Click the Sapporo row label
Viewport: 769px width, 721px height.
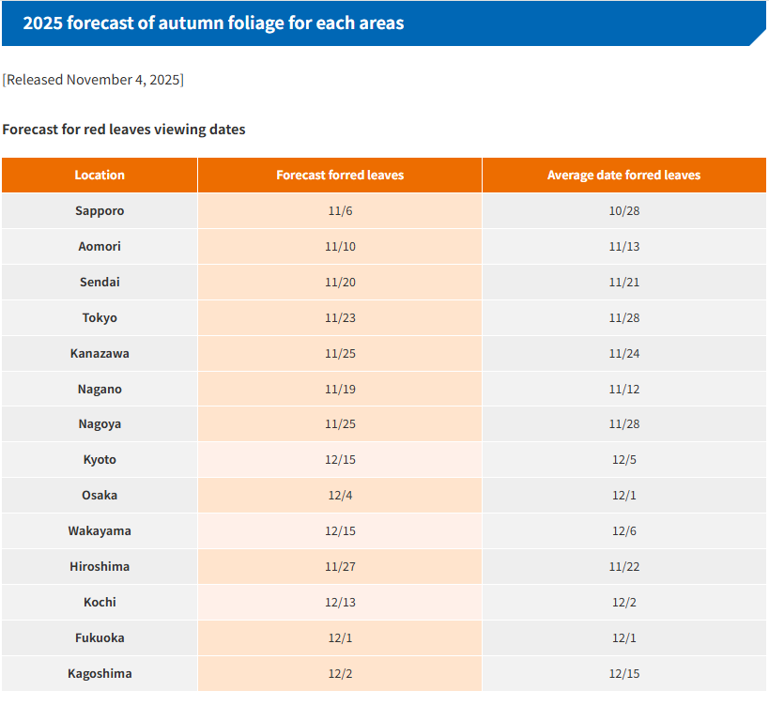point(100,211)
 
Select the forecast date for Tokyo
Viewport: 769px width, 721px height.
point(340,318)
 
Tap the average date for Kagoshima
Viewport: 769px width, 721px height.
point(624,674)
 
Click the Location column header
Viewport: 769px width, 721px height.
point(100,176)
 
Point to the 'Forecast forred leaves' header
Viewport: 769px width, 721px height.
point(340,176)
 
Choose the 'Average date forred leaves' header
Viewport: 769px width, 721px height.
point(624,176)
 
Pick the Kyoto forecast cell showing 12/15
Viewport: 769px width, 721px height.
point(340,460)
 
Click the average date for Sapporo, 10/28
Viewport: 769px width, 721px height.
point(624,211)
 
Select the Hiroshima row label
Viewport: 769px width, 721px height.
point(100,567)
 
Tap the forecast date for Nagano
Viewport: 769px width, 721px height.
point(340,390)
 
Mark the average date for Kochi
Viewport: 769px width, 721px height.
point(624,603)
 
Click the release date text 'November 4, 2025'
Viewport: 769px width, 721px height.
point(123,80)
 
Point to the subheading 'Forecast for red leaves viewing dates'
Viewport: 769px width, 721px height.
point(124,130)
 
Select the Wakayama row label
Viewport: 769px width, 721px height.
point(100,531)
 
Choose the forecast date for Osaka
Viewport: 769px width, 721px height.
point(340,496)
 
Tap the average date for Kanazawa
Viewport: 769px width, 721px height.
point(624,354)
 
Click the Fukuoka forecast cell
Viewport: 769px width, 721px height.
point(340,638)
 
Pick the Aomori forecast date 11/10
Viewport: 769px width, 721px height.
point(340,247)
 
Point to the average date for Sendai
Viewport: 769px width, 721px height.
point(624,283)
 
